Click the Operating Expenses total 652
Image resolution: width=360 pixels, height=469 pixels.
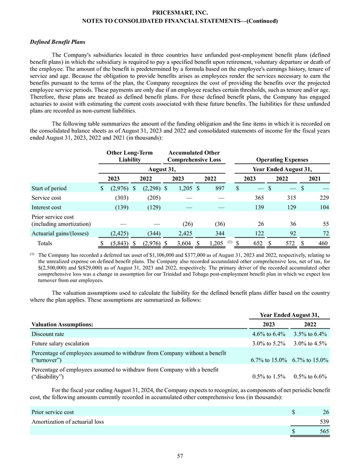253,242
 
